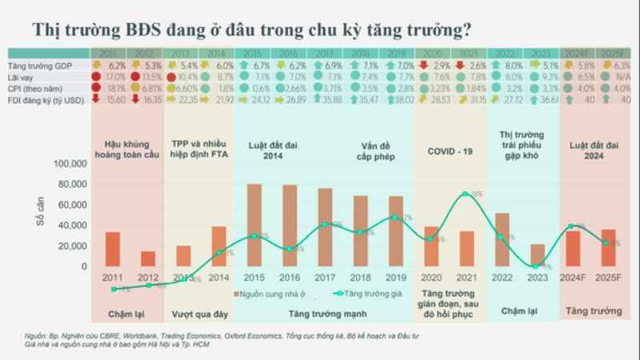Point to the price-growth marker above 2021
[466, 194]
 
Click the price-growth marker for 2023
[535, 266]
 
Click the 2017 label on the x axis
[324, 277]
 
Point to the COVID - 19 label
[450, 150]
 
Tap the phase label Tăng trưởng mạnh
[325, 314]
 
